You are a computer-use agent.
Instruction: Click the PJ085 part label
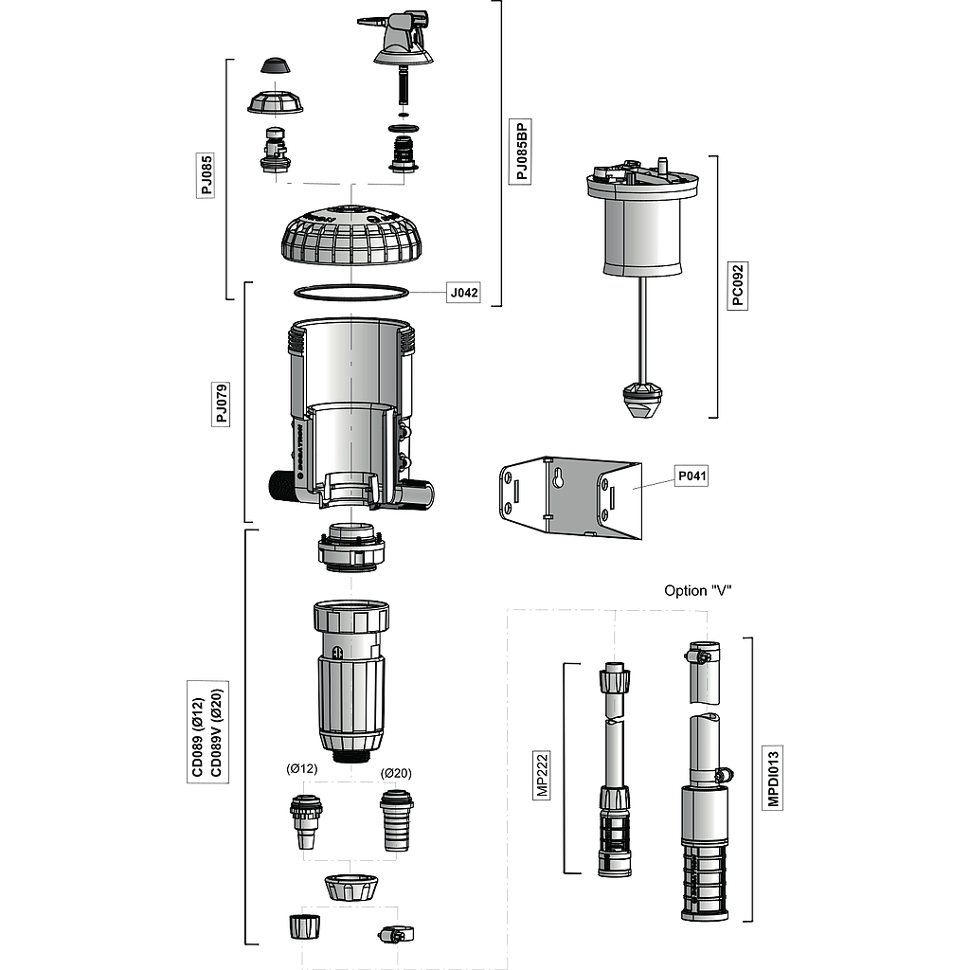click(x=207, y=175)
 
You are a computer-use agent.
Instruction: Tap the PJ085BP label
click(x=519, y=152)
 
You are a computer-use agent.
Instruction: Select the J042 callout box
click(x=463, y=293)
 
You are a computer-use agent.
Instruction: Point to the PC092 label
click(x=737, y=285)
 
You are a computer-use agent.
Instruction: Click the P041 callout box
click(x=692, y=476)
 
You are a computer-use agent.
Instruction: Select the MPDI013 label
click(x=773, y=779)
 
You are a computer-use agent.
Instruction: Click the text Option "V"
click(x=698, y=591)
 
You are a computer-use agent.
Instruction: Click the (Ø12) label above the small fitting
click(x=301, y=769)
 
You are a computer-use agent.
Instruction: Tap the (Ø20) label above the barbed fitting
click(x=396, y=773)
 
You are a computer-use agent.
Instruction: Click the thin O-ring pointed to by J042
click(x=351, y=290)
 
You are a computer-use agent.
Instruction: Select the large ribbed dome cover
click(x=351, y=237)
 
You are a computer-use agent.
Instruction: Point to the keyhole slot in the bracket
click(x=558, y=479)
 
